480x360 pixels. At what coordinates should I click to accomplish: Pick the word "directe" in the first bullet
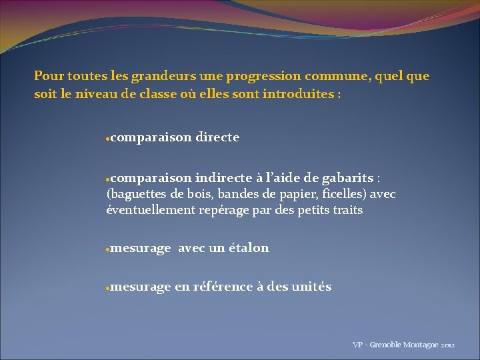pyautogui.click(x=217, y=137)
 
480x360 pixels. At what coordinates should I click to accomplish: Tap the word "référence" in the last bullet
pyautogui.click(x=223, y=287)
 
